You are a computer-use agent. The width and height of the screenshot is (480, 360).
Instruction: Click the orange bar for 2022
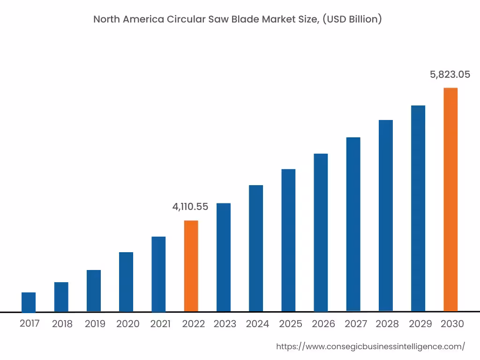(x=191, y=266)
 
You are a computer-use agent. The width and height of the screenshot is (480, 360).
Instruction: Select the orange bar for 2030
(x=450, y=199)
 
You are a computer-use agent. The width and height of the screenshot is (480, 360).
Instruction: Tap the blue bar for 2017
(x=29, y=302)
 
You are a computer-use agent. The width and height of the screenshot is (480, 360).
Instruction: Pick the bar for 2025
(x=288, y=240)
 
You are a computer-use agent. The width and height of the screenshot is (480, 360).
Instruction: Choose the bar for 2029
(x=418, y=208)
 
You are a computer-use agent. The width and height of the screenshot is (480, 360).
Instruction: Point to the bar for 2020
(x=126, y=282)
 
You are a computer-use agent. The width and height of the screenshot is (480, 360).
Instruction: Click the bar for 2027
(x=353, y=224)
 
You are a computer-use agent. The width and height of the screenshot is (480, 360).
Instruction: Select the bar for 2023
(x=224, y=257)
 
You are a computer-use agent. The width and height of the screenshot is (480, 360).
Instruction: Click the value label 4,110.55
(x=190, y=206)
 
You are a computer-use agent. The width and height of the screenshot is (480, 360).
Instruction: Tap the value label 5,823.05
(x=450, y=74)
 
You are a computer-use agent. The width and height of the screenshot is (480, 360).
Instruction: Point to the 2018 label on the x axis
(x=62, y=324)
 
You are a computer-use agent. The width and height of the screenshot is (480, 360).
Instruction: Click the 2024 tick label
(x=257, y=324)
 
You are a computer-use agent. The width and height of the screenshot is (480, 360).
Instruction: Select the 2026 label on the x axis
(x=323, y=324)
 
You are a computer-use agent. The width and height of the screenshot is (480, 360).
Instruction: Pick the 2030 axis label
(x=452, y=324)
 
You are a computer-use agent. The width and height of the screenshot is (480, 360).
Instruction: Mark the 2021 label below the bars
(x=160, y=324)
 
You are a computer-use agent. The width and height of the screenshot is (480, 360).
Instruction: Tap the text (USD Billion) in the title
(x=352, y=19)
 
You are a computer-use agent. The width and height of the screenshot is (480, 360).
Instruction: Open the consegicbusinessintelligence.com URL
(x=370, y=346)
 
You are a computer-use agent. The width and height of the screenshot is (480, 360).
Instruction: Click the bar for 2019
(x=94, y=291)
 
